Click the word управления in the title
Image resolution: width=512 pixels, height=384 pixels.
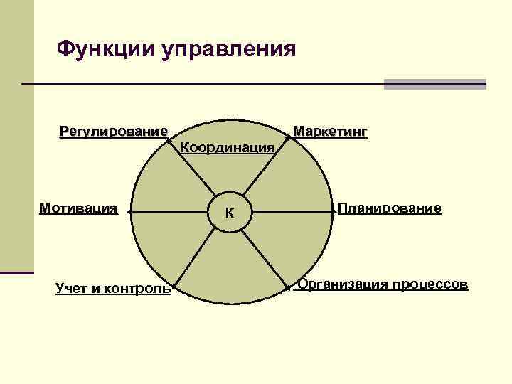click(229, 50)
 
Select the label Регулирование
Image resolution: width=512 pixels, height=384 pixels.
click(114, 132)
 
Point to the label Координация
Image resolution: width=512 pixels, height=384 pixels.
click(228, 148)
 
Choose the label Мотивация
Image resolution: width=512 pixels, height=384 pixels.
click(78, 208)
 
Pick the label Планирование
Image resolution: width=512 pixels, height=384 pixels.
click(390, 208)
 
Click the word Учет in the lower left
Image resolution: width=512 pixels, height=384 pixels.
click(70, 288)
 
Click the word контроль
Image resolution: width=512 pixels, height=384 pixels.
click(137, 288)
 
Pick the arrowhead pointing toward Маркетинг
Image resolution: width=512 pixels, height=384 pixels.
click(287, 139)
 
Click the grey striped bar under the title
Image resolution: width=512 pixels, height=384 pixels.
click(434, 84)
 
